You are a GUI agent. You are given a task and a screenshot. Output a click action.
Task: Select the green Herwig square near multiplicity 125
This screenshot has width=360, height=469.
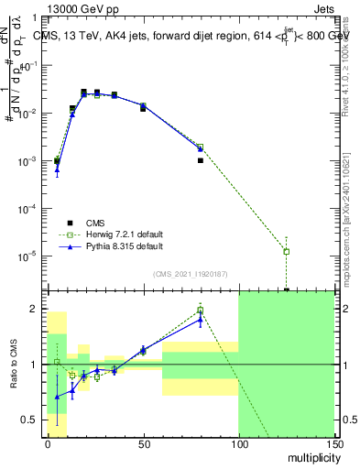[x=287, y=251]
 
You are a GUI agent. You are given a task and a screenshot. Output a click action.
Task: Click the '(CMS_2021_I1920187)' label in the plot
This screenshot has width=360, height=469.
[x=190, y=274]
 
